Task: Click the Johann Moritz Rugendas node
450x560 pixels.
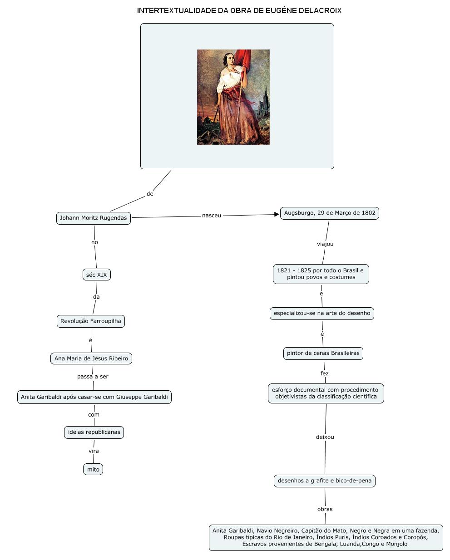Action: tap(93, 218)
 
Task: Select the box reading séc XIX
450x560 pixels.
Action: tap(97, 275)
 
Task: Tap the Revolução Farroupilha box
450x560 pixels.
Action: tap(91, 321)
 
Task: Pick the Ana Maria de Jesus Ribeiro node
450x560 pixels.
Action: tap(91, 359)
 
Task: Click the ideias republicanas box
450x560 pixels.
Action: tap(94, 432)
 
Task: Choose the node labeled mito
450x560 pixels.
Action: tap(93, 469)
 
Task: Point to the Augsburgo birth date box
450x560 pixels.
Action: tap(330, 213)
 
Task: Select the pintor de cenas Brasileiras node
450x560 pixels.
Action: tap(323, 353)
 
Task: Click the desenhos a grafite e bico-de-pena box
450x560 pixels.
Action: tap(325, 481)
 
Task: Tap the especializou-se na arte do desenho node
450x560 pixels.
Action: tap(322, 313)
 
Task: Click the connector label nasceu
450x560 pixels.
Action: tap(212, 216)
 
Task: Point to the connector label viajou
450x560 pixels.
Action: tap(325, 244)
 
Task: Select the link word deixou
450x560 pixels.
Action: tap(325, 437)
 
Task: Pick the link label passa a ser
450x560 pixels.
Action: tap(93, 377)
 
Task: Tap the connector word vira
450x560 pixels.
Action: tap(94, 451)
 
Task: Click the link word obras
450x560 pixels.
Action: tap(325, 509)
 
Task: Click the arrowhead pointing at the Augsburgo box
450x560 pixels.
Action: tap(277, 214)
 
